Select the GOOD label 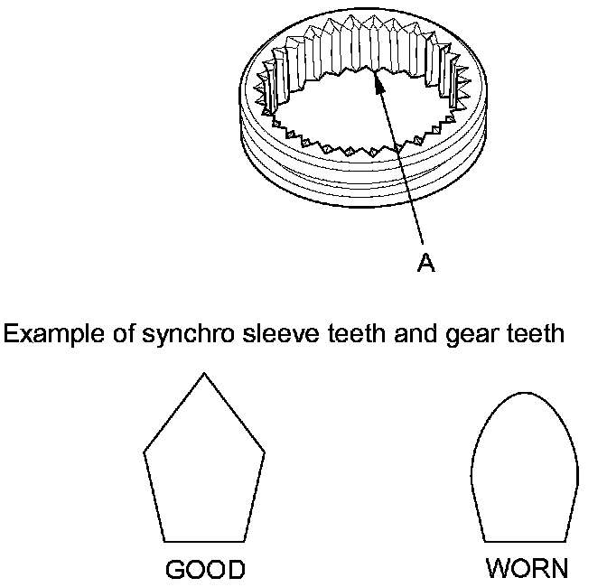[x=205, y=570]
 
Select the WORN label [x=528, y=568]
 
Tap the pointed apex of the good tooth [x=205, y=373]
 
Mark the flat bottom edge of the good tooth [x=205, y=540]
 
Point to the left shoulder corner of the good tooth [x=145, y=449]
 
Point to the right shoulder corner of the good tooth [x=266, y=449]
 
